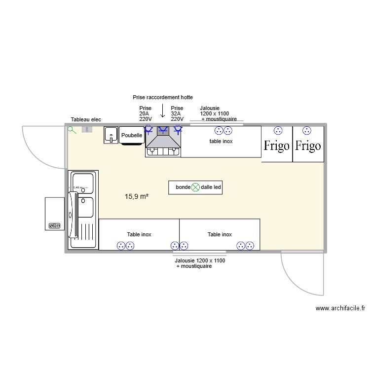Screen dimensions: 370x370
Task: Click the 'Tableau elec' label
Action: (x=86, y=119)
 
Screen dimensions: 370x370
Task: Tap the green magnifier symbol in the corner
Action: (x=72, y=130)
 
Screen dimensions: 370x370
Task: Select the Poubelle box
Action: (x=132, y=135)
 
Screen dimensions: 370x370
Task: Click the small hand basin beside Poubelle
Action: (x=111, y=135)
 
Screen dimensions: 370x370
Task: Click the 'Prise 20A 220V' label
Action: (x=146, y=113)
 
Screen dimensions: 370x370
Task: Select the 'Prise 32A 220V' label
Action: (x=177, y=113)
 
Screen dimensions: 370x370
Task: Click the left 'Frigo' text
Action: (x=276, y=146)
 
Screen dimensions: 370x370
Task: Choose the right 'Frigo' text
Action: (x=308, y=146)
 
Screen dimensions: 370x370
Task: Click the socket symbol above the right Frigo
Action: (x=307, y=131)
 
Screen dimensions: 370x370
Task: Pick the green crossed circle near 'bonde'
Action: (x=195, y=187)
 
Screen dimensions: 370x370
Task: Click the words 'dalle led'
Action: (x=211, y=187)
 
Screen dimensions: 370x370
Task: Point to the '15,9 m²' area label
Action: (x=137, y=196)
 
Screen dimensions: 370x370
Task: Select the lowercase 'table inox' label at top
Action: (x=221, y=141)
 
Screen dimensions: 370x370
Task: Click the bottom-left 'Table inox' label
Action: (x=139, y=234)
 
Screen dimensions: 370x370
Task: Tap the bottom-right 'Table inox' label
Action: (x=220, y=234)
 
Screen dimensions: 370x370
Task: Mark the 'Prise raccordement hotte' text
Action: (x=163, y=98)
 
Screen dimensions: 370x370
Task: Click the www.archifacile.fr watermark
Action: (x=340, y=308)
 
